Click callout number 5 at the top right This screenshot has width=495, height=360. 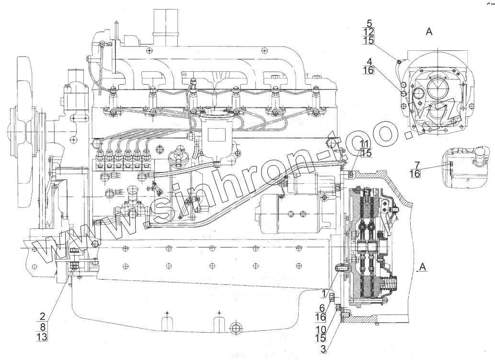[369, 23]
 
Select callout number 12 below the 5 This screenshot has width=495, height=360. [369, 32]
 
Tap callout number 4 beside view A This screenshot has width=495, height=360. [369, 61]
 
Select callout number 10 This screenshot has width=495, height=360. [322, 329]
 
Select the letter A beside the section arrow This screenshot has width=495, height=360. [422, 266]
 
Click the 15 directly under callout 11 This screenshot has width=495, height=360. [366, 153]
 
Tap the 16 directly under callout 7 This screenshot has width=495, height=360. [415, 174]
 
